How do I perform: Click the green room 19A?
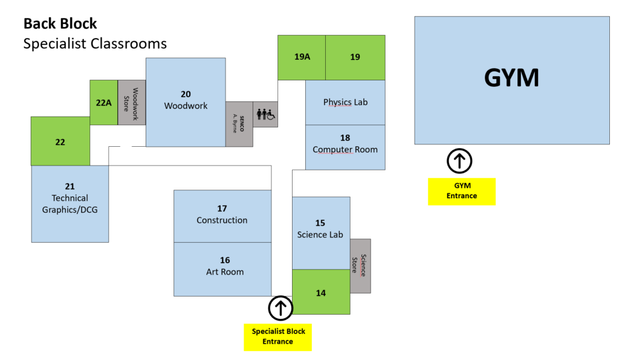tap(302, 57)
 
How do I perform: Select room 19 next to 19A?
tap(355, 57)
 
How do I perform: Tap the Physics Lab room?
tap(345, 103)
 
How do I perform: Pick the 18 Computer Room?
tap(345, 147)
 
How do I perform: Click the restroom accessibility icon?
tap(265, 114)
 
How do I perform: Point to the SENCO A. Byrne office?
tap(239, 124)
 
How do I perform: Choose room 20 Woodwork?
tap(186, 103)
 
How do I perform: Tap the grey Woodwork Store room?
tap(132, 103)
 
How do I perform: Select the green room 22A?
tap(104, 103)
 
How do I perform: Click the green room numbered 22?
tap(60, 141)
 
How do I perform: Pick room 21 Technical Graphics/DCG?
tap(70, 204)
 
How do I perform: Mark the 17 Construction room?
tap(222, 216)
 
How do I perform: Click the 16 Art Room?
tap(222, 269)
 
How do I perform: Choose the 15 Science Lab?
tap(322, 233)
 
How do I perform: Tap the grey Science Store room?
tap(360, 266)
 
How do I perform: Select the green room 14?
tap(322, 292)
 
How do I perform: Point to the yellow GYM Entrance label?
tap(462, 191)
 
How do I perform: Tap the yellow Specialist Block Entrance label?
tap(278, 337)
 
